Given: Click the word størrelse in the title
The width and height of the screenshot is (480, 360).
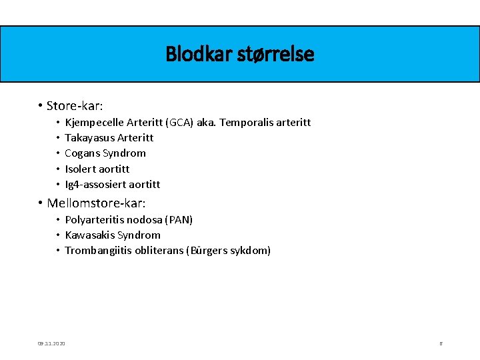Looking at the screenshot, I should click(275, 53).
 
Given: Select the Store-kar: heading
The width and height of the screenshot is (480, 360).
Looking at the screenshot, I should click(75, 105).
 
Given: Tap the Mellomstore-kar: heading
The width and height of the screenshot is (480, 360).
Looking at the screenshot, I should click(96, 203).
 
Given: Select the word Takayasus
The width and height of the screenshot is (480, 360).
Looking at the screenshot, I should click(89, 138).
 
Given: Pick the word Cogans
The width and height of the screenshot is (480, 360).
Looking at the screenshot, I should click(82, 153).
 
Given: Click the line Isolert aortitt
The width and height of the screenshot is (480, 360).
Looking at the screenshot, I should click(97, 169).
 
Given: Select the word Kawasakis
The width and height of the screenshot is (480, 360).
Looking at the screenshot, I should click(90, 235).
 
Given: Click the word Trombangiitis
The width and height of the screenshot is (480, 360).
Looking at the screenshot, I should click(98, 251).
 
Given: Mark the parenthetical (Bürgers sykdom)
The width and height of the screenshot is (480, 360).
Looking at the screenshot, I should click(230, 251).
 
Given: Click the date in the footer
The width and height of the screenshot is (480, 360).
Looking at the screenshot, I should click(51, 343).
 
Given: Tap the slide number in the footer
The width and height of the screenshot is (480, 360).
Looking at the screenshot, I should click(441, 343).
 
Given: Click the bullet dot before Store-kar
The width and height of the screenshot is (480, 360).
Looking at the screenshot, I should click(41, 105).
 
